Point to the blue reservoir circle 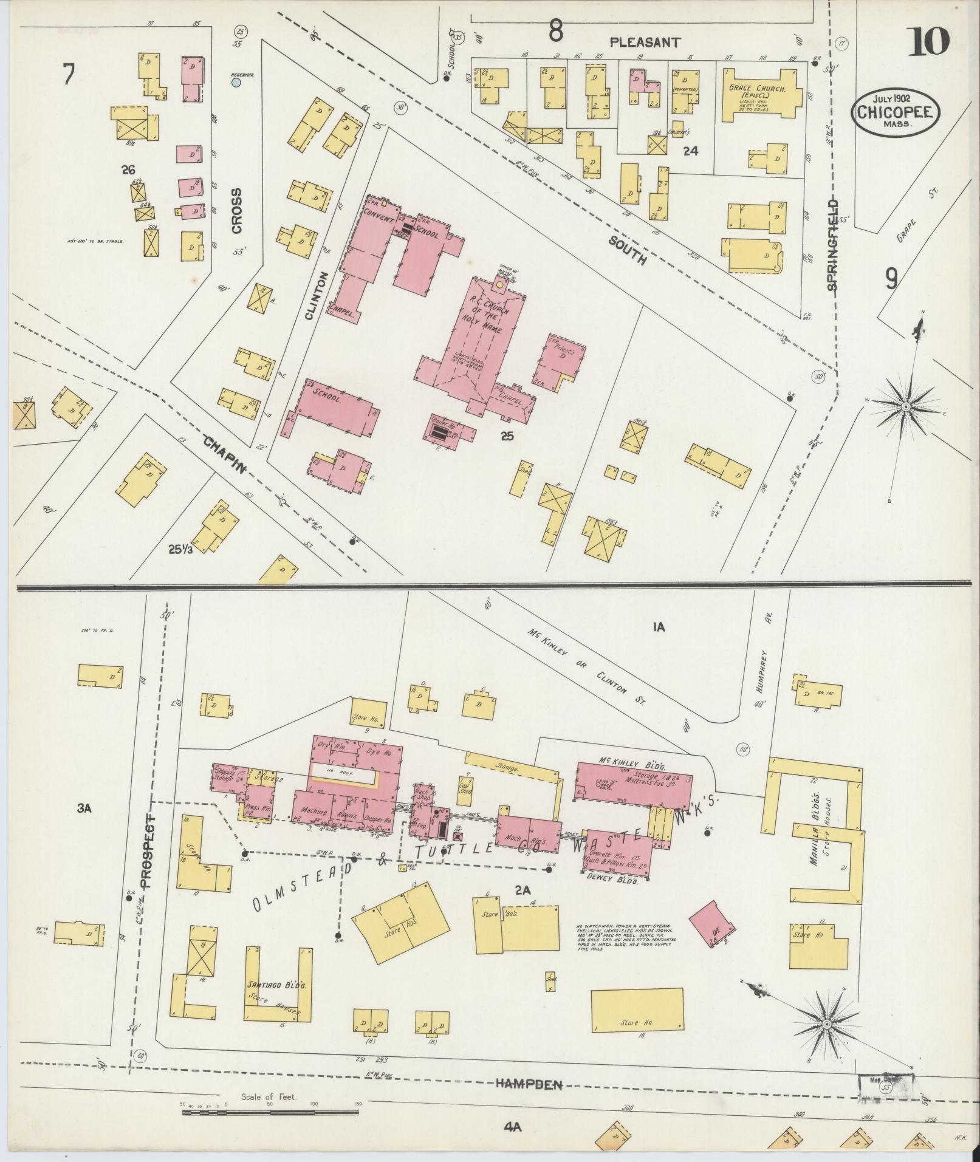(x=236, y=82)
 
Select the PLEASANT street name (x=645, y=43)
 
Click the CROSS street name (x=236, y=210)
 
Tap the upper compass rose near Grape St (x=905, y=406)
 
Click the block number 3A (x=84, y=807)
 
